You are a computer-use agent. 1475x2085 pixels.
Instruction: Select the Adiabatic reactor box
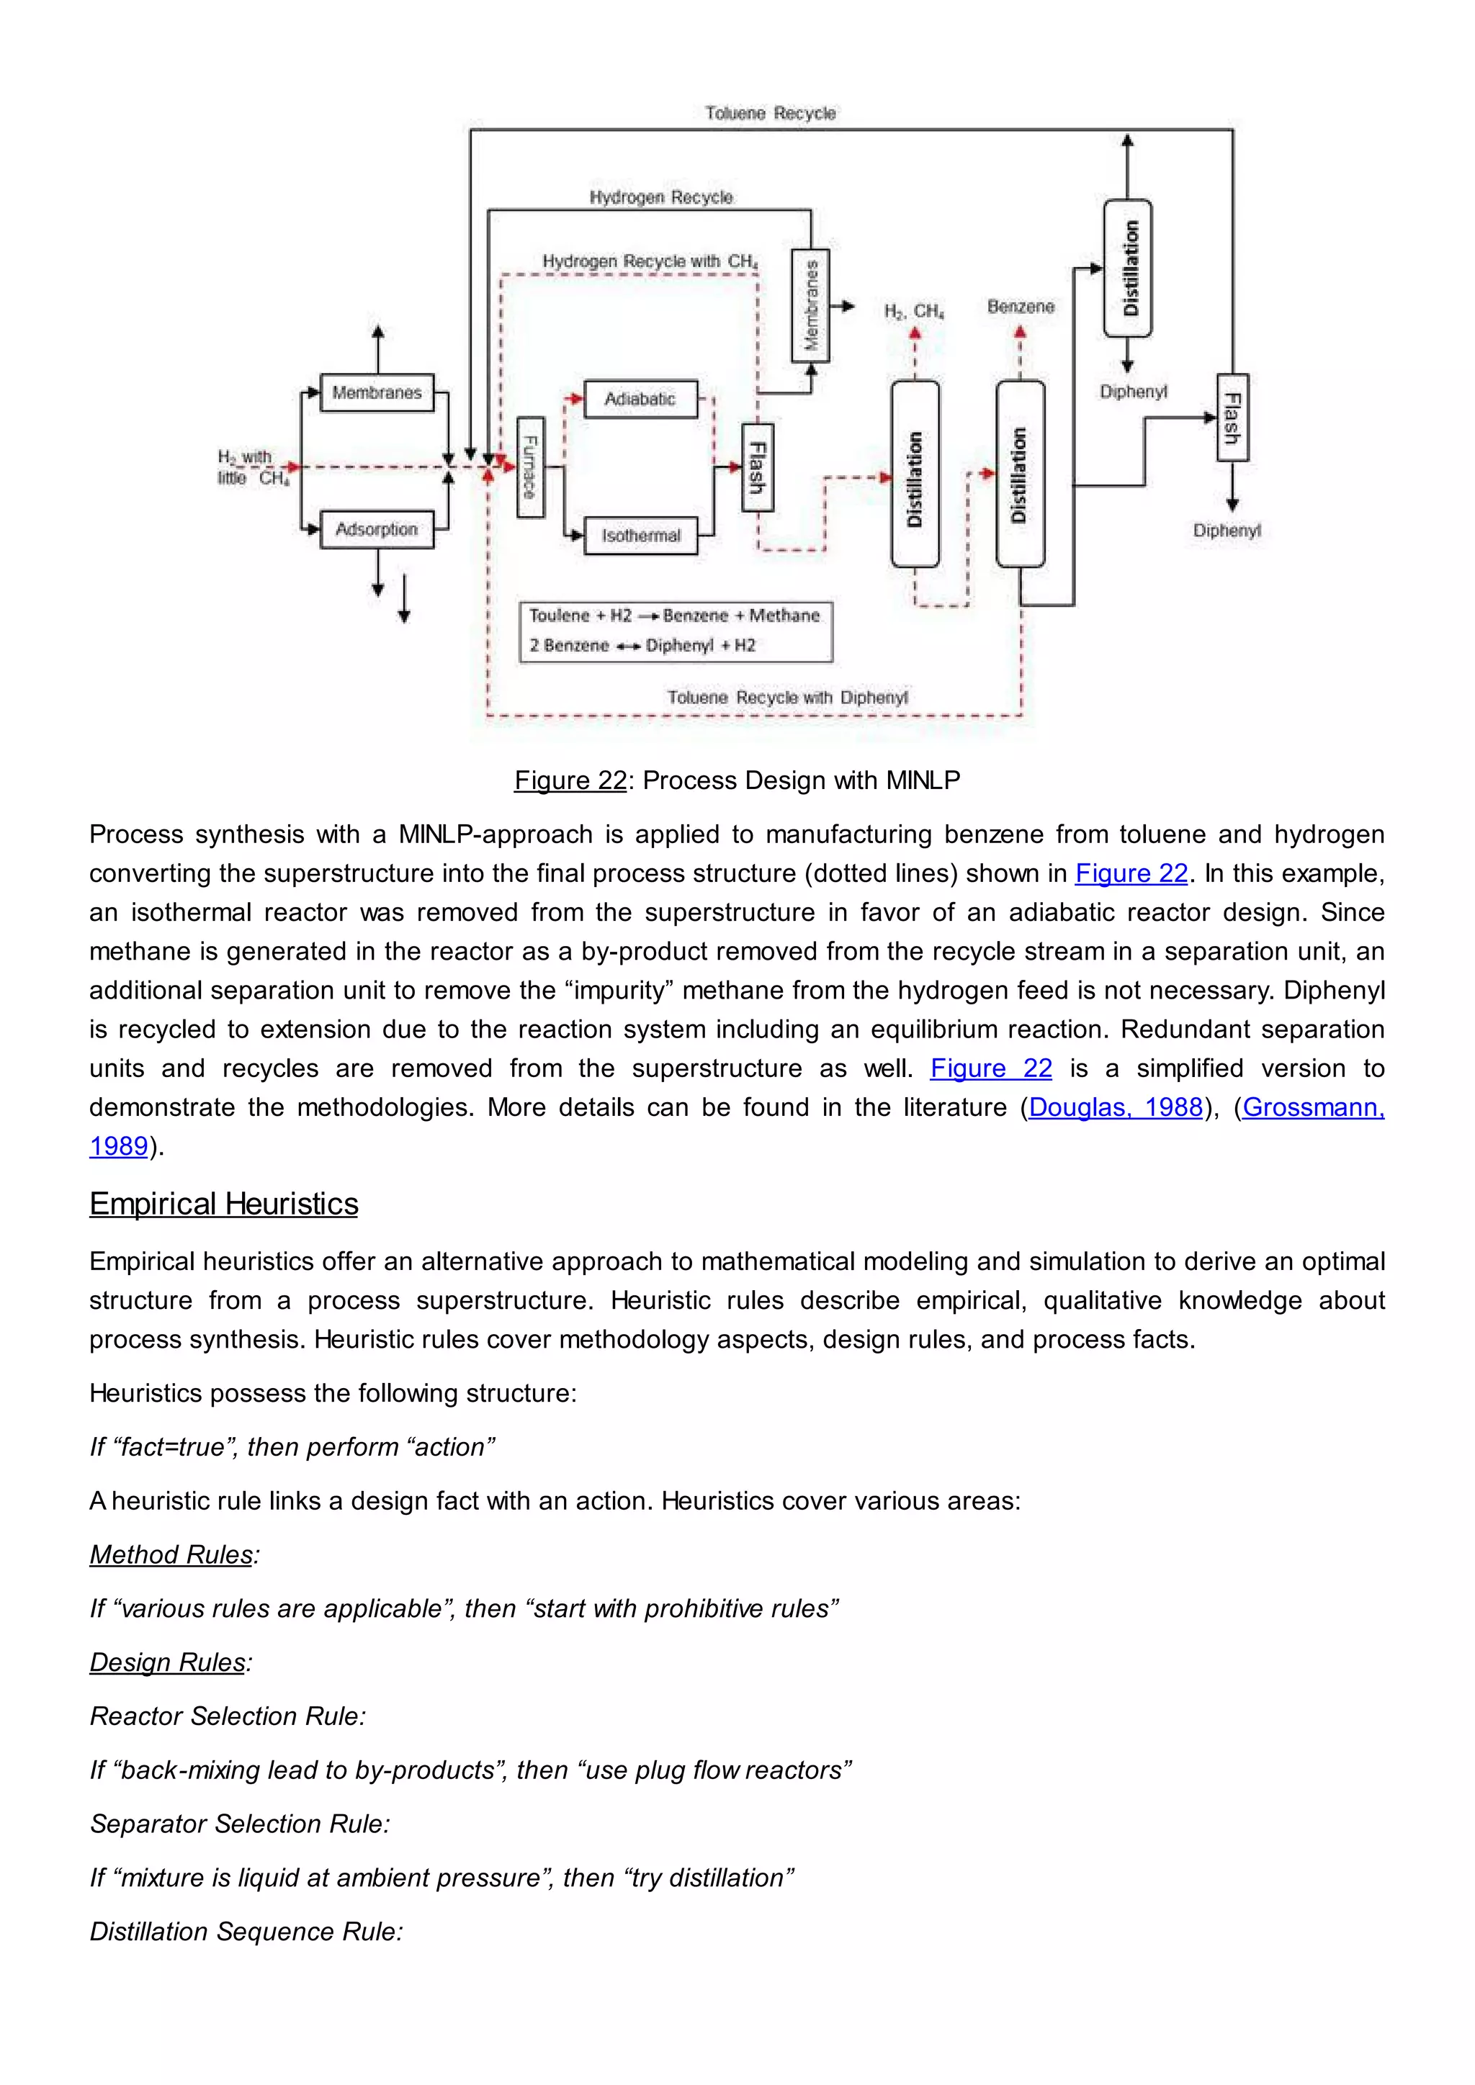point(640,399)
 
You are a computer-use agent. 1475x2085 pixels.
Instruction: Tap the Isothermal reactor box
point(640,535)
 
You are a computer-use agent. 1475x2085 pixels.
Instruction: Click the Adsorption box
point(377,528)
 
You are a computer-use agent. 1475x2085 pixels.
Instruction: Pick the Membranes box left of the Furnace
point(377,392)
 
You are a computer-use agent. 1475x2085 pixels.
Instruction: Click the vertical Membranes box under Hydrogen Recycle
point(810,305)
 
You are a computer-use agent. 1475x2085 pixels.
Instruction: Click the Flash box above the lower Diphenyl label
point(1232,418)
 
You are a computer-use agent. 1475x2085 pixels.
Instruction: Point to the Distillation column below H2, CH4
point(915,474)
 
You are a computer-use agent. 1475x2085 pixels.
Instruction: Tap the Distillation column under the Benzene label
point(1020,474)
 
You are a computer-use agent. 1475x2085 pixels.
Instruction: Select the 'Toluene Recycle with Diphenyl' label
point(787,698)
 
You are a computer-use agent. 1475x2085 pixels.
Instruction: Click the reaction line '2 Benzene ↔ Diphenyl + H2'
point(642,646)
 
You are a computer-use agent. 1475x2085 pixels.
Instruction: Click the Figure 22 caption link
point(570,780)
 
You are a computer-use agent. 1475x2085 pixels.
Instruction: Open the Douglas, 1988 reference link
point(1116,1107)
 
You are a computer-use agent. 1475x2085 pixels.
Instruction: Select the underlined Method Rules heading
point(171,1554)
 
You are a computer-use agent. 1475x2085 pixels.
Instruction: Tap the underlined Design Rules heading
point(168,1662)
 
